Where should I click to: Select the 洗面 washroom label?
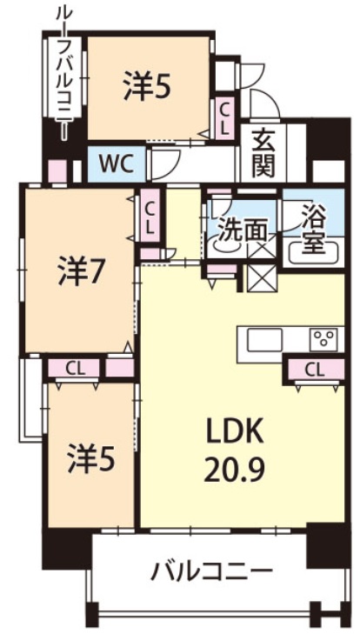(242, 230)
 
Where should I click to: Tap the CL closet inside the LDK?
(314, 370)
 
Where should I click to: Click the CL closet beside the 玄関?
(225, 117)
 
